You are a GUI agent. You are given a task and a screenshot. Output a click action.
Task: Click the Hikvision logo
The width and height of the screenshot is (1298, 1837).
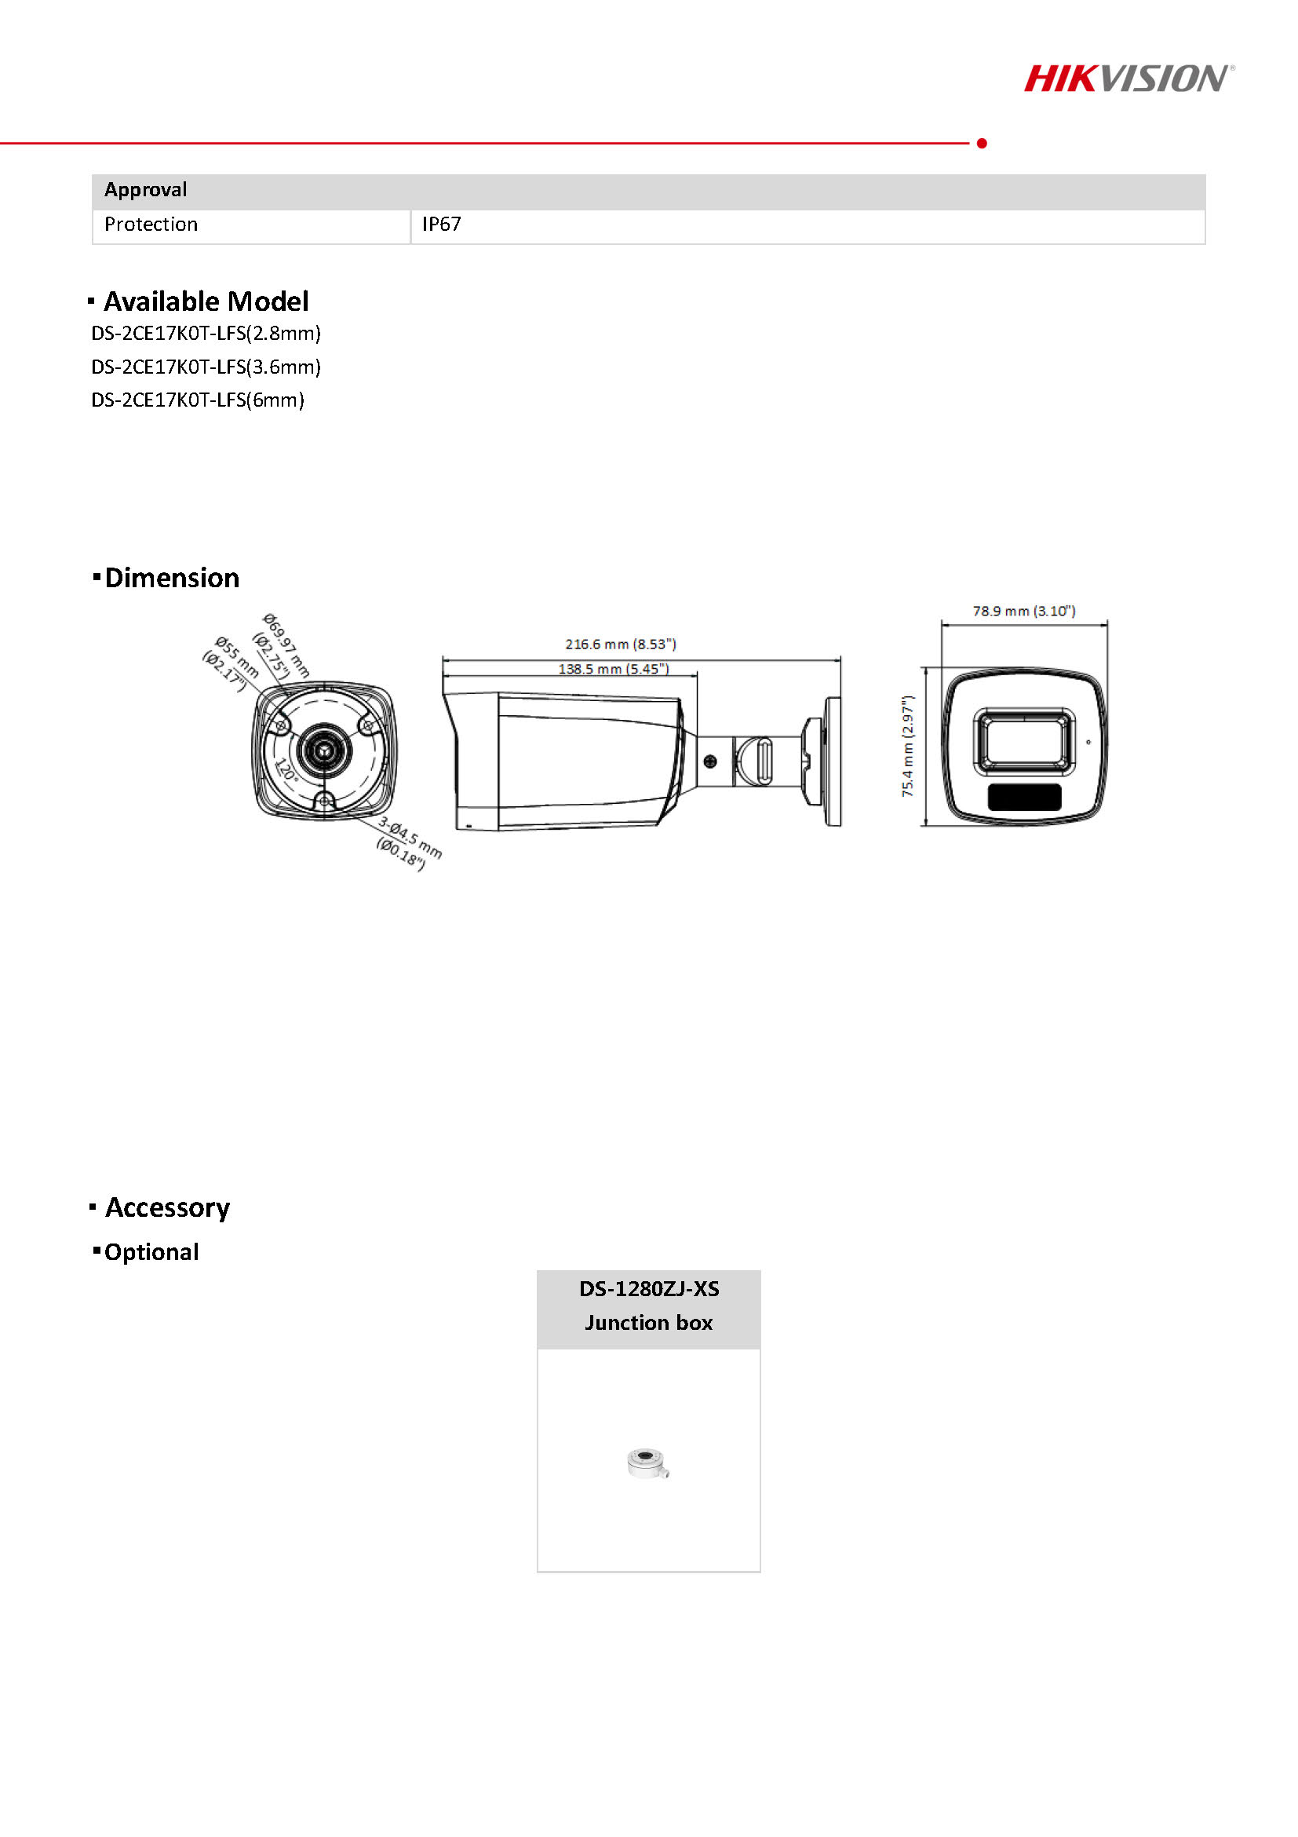point(1128,79)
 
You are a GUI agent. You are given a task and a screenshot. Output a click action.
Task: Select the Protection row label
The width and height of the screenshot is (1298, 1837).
point(151,224)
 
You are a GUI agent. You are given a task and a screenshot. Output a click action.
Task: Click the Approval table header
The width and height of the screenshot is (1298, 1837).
point(145,190)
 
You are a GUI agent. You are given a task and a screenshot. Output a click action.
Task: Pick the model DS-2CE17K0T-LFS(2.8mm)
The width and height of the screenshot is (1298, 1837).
point(206,333)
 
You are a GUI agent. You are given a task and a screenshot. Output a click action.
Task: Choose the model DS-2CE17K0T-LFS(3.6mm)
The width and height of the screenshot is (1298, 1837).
point(206,367)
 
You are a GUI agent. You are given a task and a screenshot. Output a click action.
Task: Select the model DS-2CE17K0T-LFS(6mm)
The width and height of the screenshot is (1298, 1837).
point(198,400)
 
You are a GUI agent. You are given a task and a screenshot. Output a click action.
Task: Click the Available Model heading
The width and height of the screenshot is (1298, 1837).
point(206,301)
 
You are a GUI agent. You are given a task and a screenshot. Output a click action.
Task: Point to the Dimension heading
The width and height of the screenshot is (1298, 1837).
point(172,577)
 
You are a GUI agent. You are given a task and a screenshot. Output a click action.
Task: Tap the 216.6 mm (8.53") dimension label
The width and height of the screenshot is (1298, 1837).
point(621,643)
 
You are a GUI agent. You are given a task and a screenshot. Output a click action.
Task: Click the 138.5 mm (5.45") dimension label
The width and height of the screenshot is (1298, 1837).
point(614,668)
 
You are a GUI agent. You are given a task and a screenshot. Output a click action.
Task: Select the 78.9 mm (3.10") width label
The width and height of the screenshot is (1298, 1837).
point(1023,611)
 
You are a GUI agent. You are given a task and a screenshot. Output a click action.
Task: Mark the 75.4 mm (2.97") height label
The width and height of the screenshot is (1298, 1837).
point(908,746)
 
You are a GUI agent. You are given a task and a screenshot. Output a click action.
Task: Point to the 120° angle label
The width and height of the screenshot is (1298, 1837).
point(286,769)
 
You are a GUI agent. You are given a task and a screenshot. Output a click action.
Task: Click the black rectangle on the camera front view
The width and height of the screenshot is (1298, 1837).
point(1024,797)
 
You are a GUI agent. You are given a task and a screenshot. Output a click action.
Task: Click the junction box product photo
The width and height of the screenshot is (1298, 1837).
point(647,1463)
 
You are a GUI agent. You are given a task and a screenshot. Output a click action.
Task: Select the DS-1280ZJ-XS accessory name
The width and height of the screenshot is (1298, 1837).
point(648,1288)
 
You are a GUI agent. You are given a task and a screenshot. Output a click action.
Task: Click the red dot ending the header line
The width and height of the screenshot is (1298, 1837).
point(982,143)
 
